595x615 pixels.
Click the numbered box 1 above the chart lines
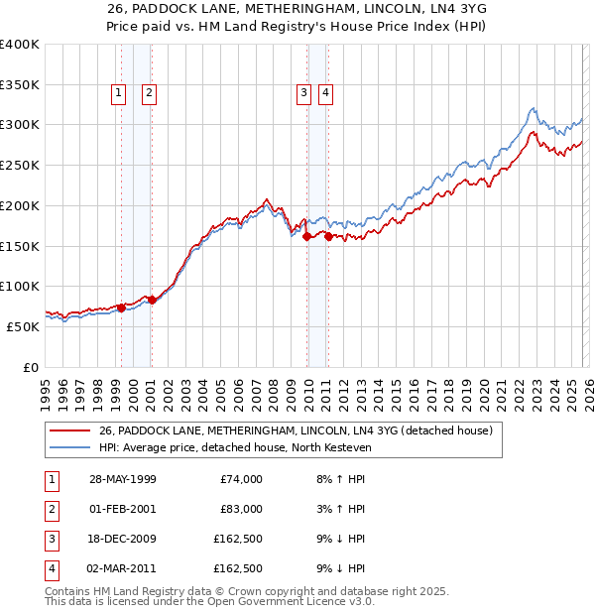point(118,93)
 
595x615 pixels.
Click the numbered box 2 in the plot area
point(149,93)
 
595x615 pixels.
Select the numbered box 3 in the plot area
point(302,93)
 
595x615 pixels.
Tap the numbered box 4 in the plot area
point(324,93)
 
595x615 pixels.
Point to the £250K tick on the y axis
point(20,166)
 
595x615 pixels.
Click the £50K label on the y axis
point(23,326)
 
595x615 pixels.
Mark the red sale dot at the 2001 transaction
point(152,300)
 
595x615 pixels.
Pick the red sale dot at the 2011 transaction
point(328,236)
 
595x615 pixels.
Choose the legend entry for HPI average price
point(234,448)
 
